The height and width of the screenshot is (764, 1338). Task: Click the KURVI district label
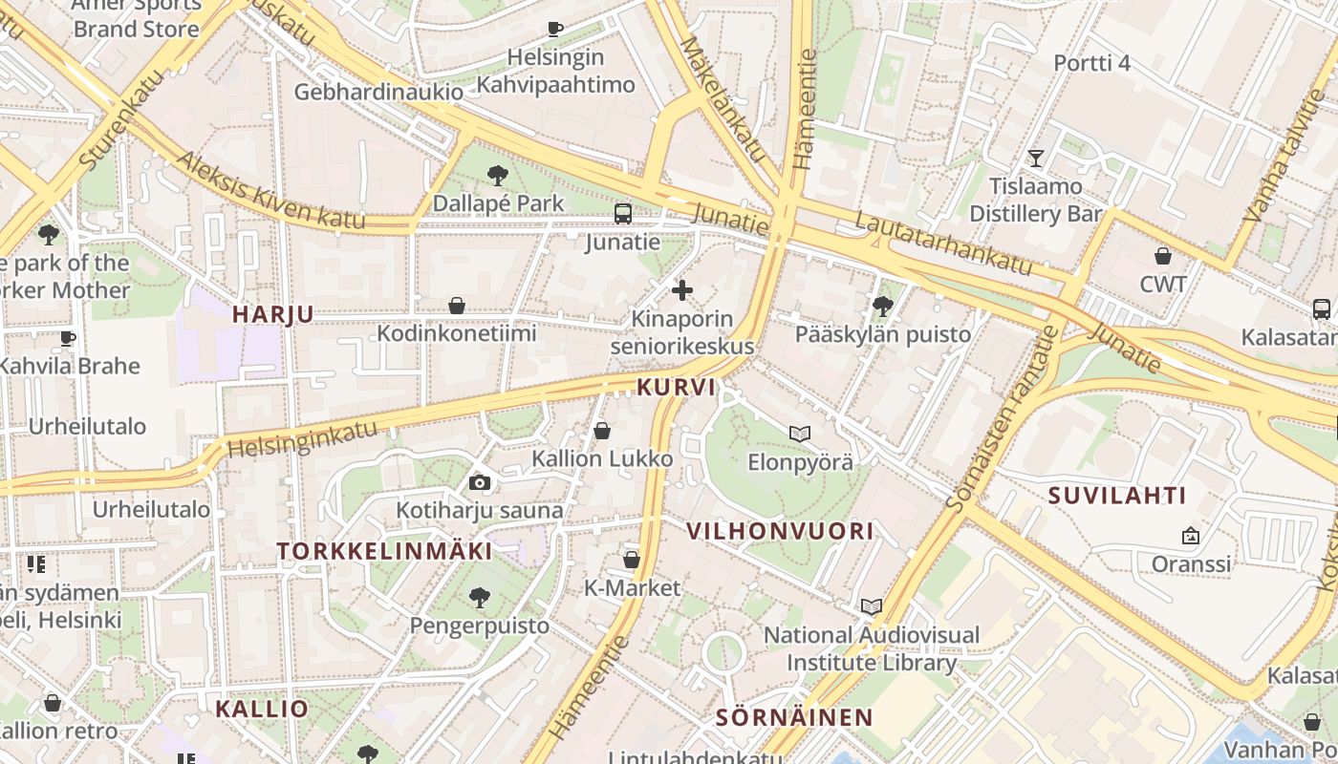pyautogui.click(x=676, y=387)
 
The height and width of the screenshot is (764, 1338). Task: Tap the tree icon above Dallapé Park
pyautogui.click(x=497, y=175)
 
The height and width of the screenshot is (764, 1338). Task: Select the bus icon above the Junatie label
pyautogui.click(x=623, y=214)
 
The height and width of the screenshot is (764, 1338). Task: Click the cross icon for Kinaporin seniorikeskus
pyautogui.click(x=682, y=289)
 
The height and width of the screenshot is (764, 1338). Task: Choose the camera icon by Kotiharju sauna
pyautogui.click(x=480, y=483)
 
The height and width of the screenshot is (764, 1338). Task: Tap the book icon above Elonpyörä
pyautogui.click(x=800, y=434)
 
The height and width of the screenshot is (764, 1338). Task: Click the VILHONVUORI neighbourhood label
pyautogui.click(x=780, y=531)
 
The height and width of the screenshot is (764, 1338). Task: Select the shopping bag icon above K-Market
pyautogui.click(x=632, y=560)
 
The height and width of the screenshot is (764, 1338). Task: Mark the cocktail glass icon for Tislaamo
pyautogui.click(x=1036, y=158)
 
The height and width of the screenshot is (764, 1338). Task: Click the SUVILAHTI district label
pyautogui.click(x=1117, y=496)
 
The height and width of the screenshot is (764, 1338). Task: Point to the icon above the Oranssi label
pyautogui.click(x=1191, y=536)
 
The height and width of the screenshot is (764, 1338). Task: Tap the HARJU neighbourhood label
pyautogui.click(x=272, y=314)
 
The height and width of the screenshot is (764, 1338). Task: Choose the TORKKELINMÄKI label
pyautogui.click(x=385, y=551)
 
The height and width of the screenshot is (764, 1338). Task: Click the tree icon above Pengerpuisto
pyautogui.click(x=480, y=598)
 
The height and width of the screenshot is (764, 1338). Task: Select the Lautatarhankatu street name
pyautogui.click(x=944, y=244)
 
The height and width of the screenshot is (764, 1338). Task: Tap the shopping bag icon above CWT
pyautogui.click(x=1163, y=256)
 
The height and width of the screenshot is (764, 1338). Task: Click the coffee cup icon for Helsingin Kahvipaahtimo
pyautogui.click(x=554, y=29)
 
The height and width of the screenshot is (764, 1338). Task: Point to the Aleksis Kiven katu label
pyautogui.click(x=270, y=191)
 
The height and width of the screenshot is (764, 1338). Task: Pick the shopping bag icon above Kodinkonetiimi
pyautogui.click(x=457, y=306)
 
